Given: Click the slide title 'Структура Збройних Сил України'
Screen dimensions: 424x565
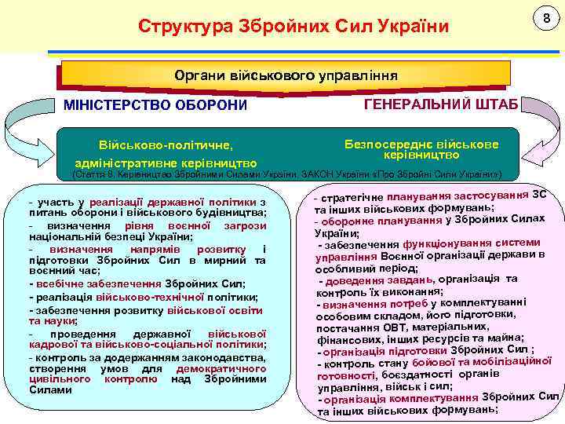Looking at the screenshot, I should [293, 27].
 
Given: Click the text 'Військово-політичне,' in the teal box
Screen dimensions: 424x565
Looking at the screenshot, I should [165, 145].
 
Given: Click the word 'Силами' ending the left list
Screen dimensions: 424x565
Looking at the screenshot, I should [50, 390].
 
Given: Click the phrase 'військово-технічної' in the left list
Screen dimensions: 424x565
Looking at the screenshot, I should [149, 297].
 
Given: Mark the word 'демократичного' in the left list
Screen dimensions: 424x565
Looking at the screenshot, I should [221, 367].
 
